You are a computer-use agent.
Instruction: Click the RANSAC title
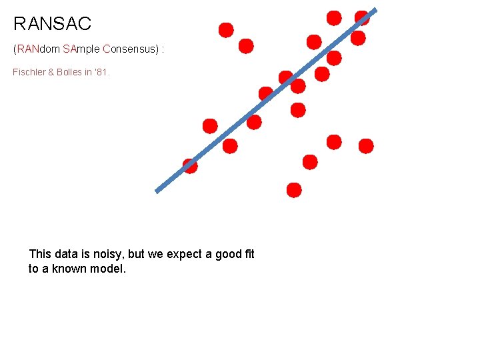click(52, 24)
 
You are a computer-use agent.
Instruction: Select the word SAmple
click(82, 49)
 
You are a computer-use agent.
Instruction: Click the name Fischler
click(29, 71)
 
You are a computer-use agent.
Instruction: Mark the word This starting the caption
click(40, 254)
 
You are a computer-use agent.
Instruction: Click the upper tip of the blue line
click(375, 9)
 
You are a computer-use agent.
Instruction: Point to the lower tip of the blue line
click(157, 191)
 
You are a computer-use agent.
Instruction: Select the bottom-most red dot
click(294, 190)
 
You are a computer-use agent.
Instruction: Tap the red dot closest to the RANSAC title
click(226, 30)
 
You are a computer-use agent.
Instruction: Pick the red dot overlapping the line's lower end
click(190, 166)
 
